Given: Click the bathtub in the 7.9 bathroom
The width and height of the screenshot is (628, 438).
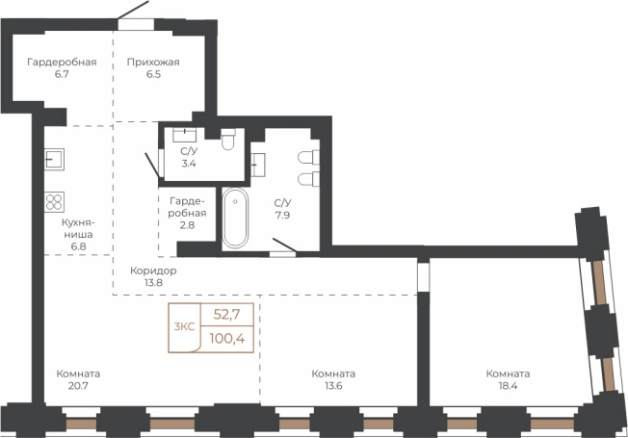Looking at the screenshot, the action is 235,218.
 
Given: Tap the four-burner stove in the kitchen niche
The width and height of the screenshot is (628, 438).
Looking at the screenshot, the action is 54,202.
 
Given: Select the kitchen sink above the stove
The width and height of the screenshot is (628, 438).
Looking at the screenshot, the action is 54,159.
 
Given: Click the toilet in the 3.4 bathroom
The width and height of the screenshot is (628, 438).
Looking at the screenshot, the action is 228,140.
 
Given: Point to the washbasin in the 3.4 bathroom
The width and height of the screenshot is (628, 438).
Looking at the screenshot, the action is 184,135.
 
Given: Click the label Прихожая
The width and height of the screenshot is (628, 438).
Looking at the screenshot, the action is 153,62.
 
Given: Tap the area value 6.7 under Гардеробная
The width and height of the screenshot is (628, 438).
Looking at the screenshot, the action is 62,74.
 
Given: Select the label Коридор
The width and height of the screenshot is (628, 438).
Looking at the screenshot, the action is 153,271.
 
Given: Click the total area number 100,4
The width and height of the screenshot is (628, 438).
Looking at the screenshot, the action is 227,339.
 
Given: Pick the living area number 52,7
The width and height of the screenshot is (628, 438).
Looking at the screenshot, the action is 226,315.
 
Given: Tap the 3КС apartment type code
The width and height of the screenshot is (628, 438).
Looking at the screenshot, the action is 184,326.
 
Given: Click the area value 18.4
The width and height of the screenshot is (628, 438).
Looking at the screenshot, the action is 508,386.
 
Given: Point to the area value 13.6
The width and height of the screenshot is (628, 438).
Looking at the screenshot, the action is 333,386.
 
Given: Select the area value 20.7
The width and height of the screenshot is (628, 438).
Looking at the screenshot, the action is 78,386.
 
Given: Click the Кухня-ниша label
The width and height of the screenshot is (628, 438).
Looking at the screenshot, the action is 79,228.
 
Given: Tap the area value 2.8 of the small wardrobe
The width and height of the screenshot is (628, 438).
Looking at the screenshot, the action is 187,225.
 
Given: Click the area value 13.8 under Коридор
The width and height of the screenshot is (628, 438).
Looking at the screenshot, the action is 153,283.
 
